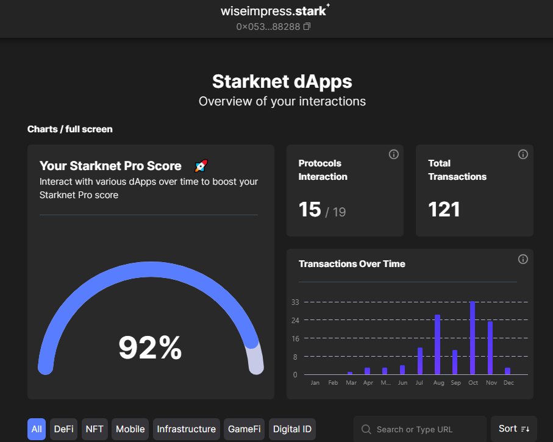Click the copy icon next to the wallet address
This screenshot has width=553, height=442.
[307, 27]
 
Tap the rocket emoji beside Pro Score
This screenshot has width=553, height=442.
[201, 166]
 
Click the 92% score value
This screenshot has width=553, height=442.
[150, 348]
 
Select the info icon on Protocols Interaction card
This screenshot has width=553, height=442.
[393, 154]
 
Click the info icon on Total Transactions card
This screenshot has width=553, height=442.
[523, 154]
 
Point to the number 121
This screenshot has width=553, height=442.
[444, 210]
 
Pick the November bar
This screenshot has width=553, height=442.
[490, 348]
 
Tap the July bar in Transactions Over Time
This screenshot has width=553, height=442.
[420, 361]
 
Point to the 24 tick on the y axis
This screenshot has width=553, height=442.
[295, 320]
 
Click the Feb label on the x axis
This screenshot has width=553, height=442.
[333, 383]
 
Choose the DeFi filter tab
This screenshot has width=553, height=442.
[63, 429]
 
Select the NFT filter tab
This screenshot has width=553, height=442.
[95, 429]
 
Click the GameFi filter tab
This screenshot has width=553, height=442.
[244, 429]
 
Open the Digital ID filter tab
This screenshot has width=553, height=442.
[292, 429]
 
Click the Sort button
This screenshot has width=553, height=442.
[513, 429]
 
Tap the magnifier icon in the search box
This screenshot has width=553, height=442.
[366, 429]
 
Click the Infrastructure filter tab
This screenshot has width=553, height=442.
[186, 429]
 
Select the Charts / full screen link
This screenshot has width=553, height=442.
[70, 129]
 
